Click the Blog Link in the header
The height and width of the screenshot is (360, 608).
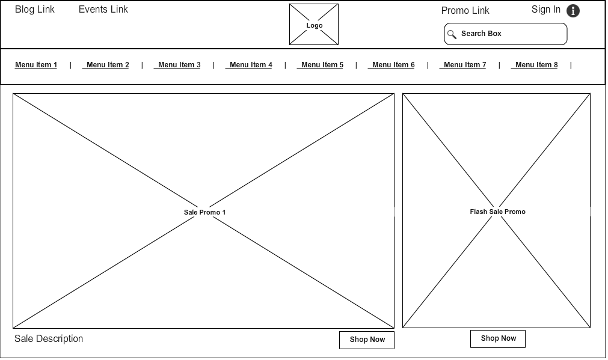click(35, 9)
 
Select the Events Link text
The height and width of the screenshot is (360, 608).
click(103, 9)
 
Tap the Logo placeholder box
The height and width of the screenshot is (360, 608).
click(314, 25)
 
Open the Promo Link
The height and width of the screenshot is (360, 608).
click(465, 10)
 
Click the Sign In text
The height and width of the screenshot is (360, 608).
click(546, 9)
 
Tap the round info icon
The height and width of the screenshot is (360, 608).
click(573, 11)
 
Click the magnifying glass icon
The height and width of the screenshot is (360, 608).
click(452, 34)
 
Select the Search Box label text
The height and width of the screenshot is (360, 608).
click(481, 34)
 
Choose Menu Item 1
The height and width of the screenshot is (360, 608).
click(36, 65)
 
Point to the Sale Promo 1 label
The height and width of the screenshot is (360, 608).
click(204, 212)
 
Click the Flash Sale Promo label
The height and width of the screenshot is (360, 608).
click(497, 212)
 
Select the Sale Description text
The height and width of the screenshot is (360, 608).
click(49, 339)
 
